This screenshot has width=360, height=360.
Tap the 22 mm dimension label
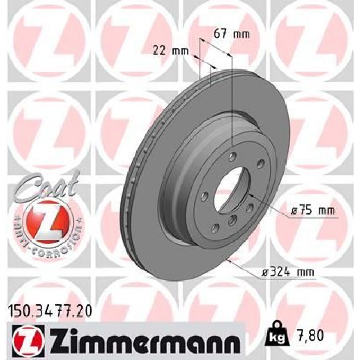(x=170, y=51)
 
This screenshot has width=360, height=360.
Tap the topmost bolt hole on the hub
(x=232, y=156)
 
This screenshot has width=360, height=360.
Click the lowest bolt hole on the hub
(x=216, y=228)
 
